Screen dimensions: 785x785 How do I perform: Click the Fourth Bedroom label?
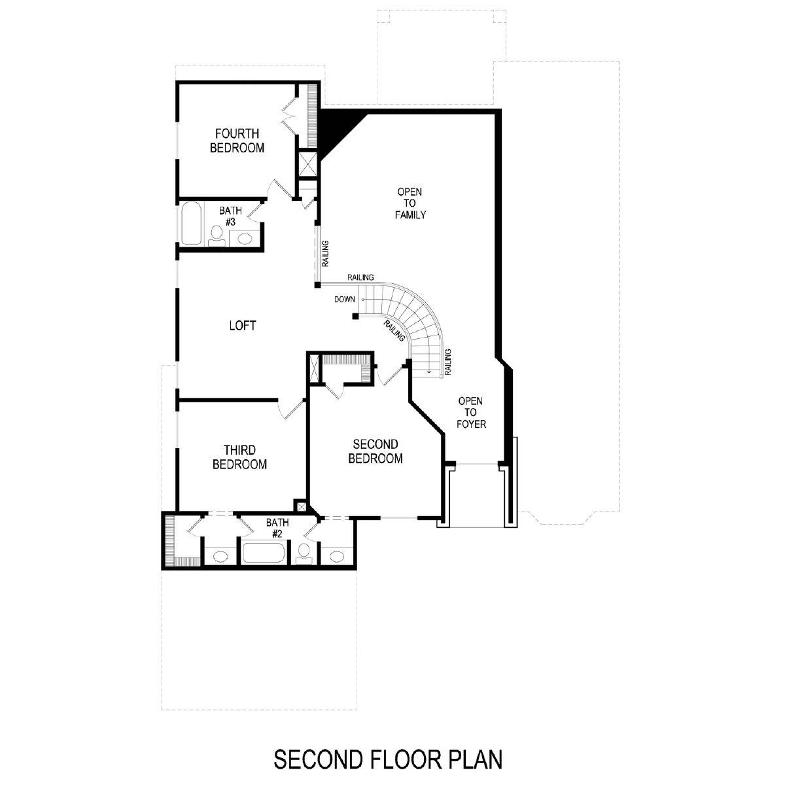tap(237, 141)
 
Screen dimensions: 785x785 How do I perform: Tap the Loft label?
tap(243, 326)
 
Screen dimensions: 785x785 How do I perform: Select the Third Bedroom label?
tap(239, 457)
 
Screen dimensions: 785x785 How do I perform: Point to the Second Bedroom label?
tap(375, 451)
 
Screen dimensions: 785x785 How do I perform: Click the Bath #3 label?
tap(230, 217)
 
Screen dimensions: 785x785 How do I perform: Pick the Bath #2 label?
tap(277, 528)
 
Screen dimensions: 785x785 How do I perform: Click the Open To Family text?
tap(410, 203)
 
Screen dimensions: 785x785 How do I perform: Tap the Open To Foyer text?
tap(471, 412)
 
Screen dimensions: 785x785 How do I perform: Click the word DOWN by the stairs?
tap(345, 300)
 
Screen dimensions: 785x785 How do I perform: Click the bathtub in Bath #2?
tap(263, 553)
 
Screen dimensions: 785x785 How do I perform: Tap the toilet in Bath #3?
tap(217, 237)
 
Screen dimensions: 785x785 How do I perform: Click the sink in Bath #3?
tap(245, 238)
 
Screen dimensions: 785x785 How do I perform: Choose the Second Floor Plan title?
tap(388, 759)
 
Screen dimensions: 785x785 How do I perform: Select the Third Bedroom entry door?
tap(292, 409)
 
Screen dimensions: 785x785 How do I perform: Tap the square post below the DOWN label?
tap(356, 316)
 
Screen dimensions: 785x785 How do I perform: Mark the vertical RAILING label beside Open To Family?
tap(325, 253)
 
